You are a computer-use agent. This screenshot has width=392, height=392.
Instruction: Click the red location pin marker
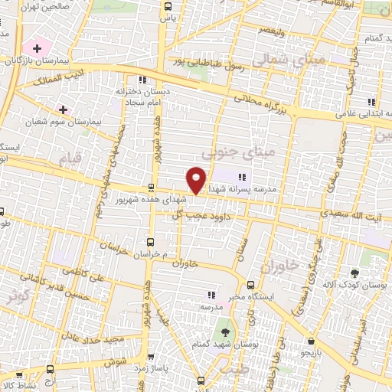click(197, 179)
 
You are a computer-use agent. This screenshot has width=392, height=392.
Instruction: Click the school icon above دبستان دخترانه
click(141, 80)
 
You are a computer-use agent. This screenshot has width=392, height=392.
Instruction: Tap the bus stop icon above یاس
click(169, 6)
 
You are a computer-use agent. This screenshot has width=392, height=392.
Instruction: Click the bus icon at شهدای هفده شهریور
click(150, 188)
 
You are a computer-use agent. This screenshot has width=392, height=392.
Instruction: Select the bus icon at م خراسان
click(150, 241)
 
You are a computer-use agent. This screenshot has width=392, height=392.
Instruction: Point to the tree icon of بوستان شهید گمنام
click(225, 332)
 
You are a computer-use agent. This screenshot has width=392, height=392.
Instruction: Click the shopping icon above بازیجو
click(311, 342)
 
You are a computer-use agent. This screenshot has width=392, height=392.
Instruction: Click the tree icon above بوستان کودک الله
click(354, 273)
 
